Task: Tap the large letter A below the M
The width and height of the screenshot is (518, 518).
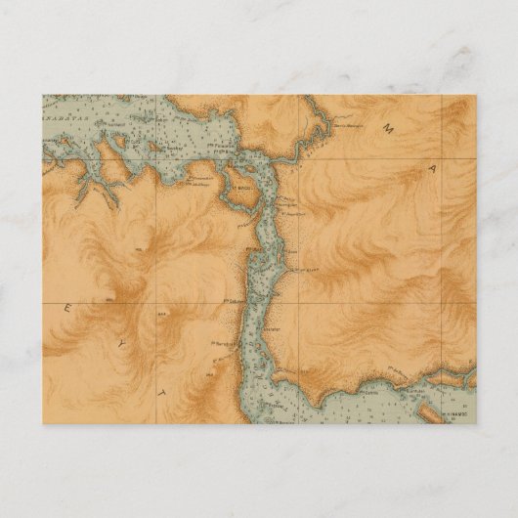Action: (x=427, y=170)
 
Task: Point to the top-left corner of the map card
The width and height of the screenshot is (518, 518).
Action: (x=41, y=95)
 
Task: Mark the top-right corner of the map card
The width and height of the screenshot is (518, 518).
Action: (x=476, y=95)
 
